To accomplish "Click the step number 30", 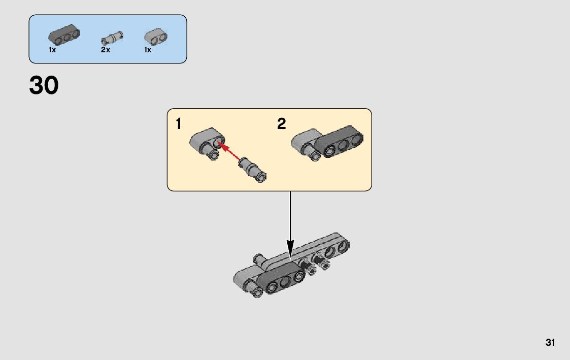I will click(44, 85).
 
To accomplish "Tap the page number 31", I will click(550, 342).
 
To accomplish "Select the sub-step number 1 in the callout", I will click(179, 123).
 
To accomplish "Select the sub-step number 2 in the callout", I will click(282, 123).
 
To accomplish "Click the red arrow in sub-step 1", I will click(228, 151).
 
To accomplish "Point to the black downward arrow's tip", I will click(290, 254).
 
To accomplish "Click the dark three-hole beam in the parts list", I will click(64, 35).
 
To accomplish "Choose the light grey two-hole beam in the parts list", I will click(155, 36).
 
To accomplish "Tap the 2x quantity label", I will click(106, 50).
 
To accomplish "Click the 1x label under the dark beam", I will click(52, 50).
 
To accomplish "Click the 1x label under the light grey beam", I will click(148, 50).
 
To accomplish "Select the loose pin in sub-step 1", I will click(253, 170).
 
